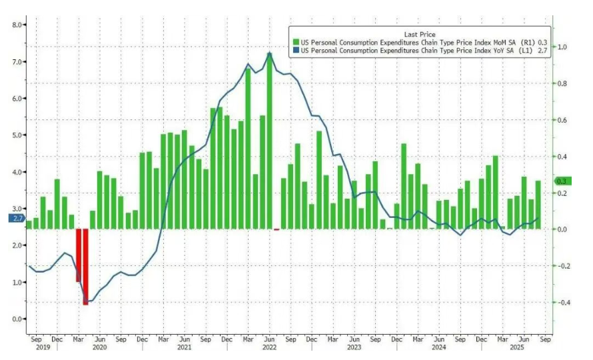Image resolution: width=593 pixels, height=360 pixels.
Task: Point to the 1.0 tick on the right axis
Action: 563,47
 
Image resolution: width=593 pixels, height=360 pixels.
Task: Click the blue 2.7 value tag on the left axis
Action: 17,218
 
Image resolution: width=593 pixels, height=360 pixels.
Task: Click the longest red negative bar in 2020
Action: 85,267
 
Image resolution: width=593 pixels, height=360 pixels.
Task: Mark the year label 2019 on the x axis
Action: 43,347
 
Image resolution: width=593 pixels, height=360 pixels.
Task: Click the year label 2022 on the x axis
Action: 269,347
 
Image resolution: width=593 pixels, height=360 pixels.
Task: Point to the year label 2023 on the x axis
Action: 354,347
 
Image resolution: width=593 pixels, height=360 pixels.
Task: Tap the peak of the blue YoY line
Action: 270,53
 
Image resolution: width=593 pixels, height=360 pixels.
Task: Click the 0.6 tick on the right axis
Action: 563,121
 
